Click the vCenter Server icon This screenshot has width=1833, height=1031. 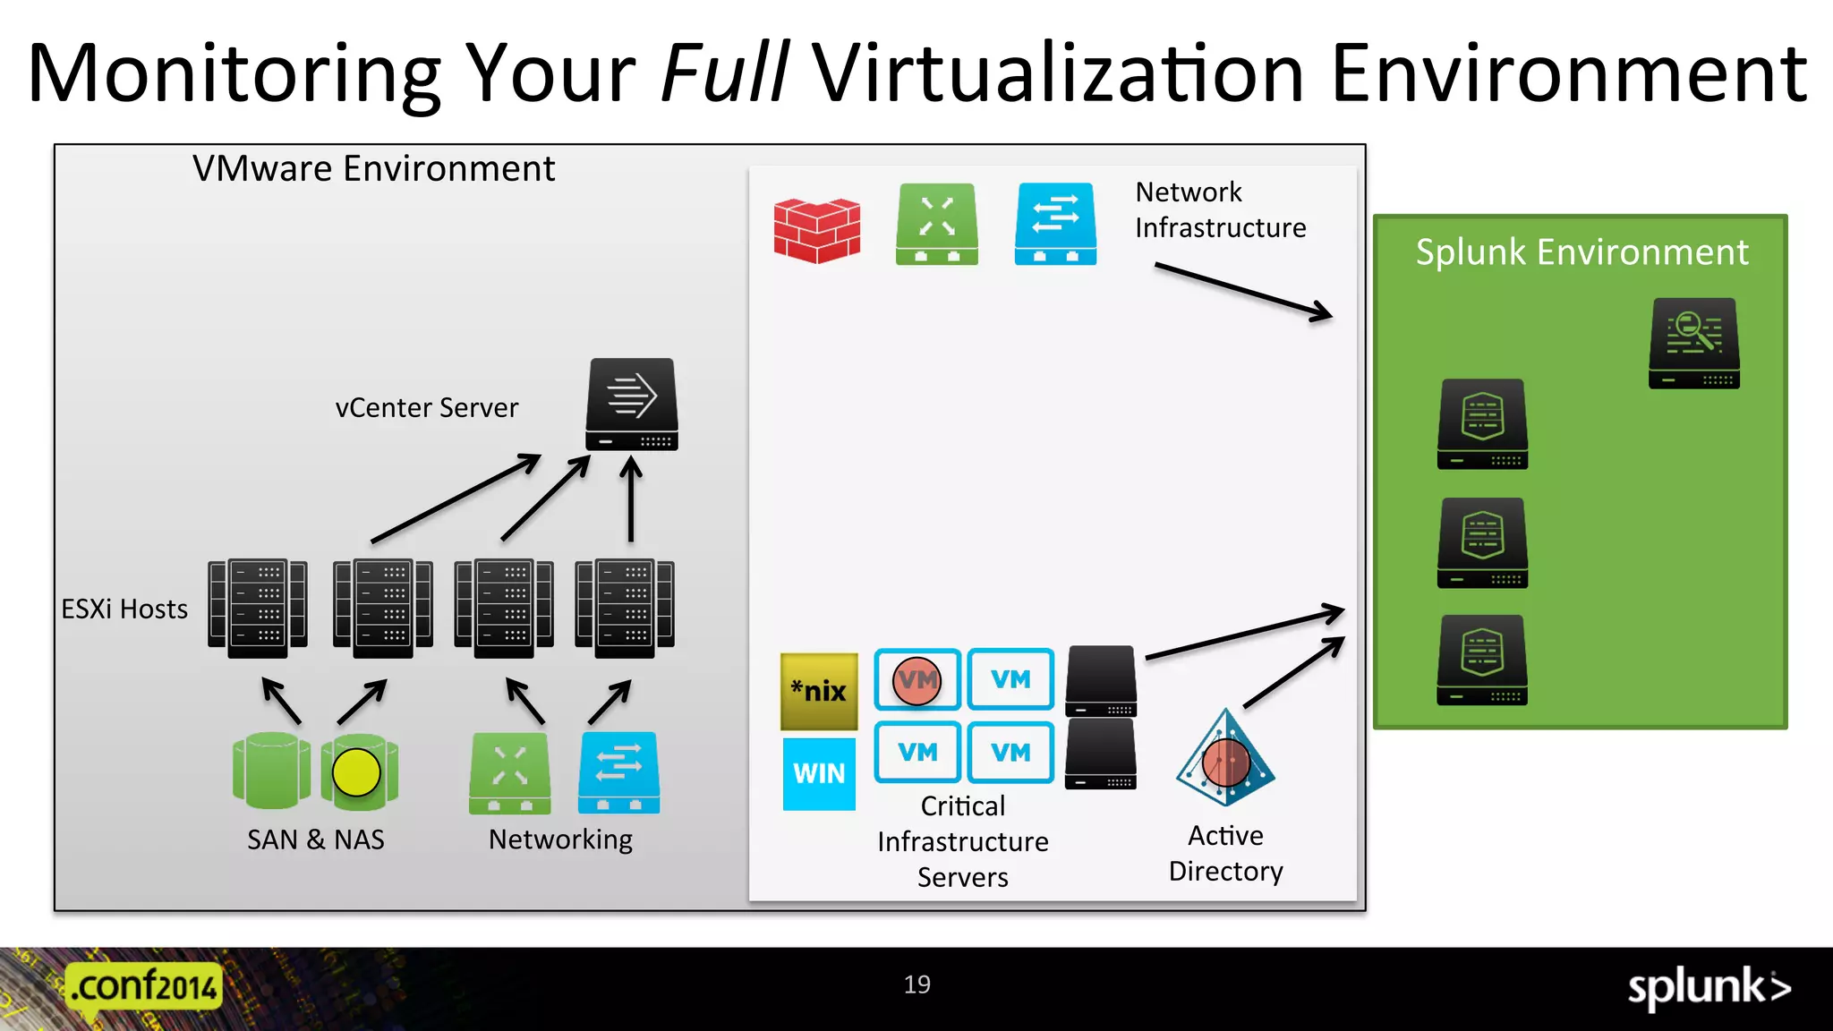(632, 405)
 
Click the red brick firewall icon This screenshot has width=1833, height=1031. (816, 230)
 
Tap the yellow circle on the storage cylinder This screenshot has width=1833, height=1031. (356, 771)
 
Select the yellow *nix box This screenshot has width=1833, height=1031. (819, 691)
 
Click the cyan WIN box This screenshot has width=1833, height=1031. (819, 773)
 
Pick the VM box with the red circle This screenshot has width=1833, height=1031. (917, 680)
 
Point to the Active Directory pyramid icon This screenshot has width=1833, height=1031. (1225, 759)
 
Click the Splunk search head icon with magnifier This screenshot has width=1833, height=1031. (1693, 343)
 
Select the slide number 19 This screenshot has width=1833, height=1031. (916, 984)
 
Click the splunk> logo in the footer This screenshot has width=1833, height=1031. (1709, 988)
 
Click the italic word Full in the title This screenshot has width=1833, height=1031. (724, 73)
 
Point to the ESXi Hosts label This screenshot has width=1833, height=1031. (124, 609)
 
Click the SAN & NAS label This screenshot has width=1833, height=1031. (315, 839)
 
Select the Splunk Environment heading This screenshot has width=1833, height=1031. (1581, 252)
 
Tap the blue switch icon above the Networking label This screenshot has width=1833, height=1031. (618, 772)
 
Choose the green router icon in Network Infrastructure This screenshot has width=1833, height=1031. (936, 224)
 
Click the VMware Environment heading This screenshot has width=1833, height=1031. (373, 169)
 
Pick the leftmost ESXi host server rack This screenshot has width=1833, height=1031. (258, 609)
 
